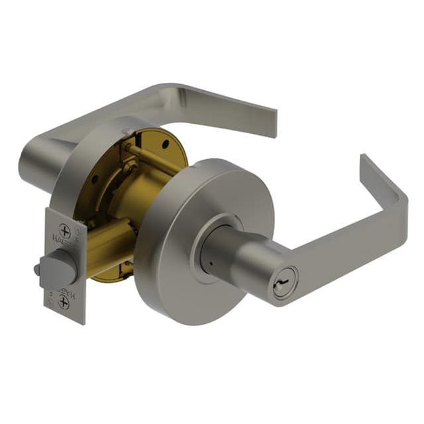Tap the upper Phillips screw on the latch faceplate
tap(64, 232)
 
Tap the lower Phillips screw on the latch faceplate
tap(64, 301)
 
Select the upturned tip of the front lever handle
tap(366, 163)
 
